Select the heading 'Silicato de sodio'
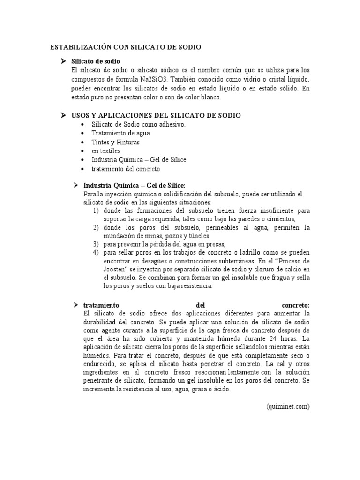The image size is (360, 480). point(95,61)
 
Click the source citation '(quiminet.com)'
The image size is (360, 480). point(287,406)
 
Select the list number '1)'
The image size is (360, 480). point(96,211)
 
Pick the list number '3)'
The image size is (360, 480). point(96,244)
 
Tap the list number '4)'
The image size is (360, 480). point(96,253)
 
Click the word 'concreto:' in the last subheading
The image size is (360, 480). point(296,305)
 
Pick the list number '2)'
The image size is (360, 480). point(96,228)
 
